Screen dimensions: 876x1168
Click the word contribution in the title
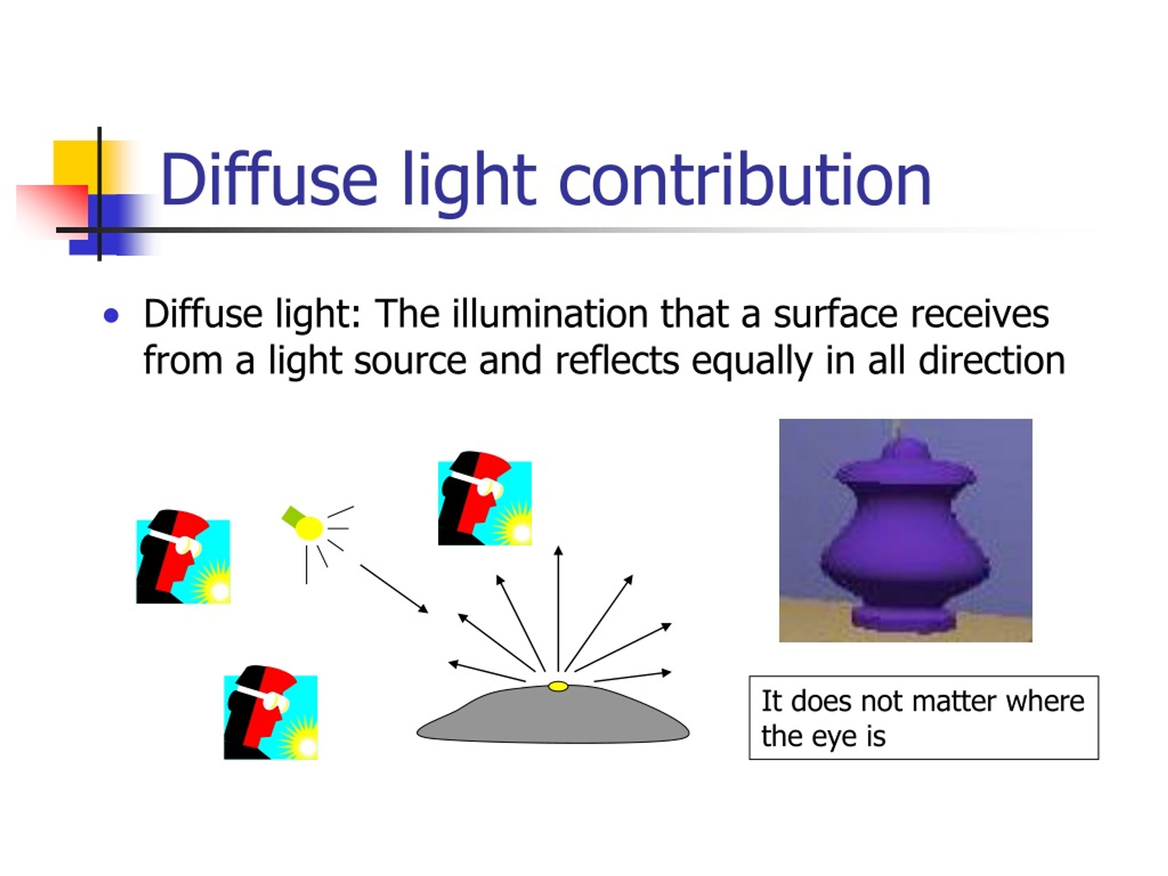pos(744,179)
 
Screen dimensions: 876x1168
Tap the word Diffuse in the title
pos(269,179)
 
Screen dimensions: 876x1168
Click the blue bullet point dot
pos(111,316)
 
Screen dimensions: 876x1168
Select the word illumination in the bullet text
pos(550,314)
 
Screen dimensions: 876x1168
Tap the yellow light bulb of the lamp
pos(309,528)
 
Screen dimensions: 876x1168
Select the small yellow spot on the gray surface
pos(558,687)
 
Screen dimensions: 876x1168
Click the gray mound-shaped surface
pos(553,718)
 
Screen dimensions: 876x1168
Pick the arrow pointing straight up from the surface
pos(558,607)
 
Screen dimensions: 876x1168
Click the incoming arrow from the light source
pos(394,589)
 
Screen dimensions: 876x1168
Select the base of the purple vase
pos(904,618)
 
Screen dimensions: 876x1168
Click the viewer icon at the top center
pos(485,499)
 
